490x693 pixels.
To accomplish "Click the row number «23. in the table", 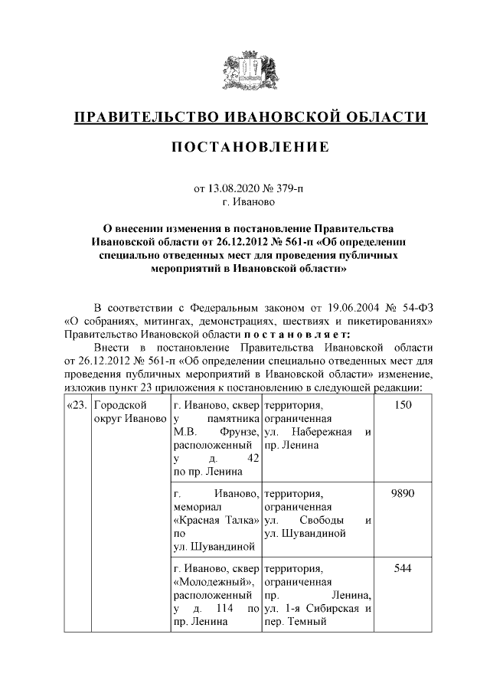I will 77,405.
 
